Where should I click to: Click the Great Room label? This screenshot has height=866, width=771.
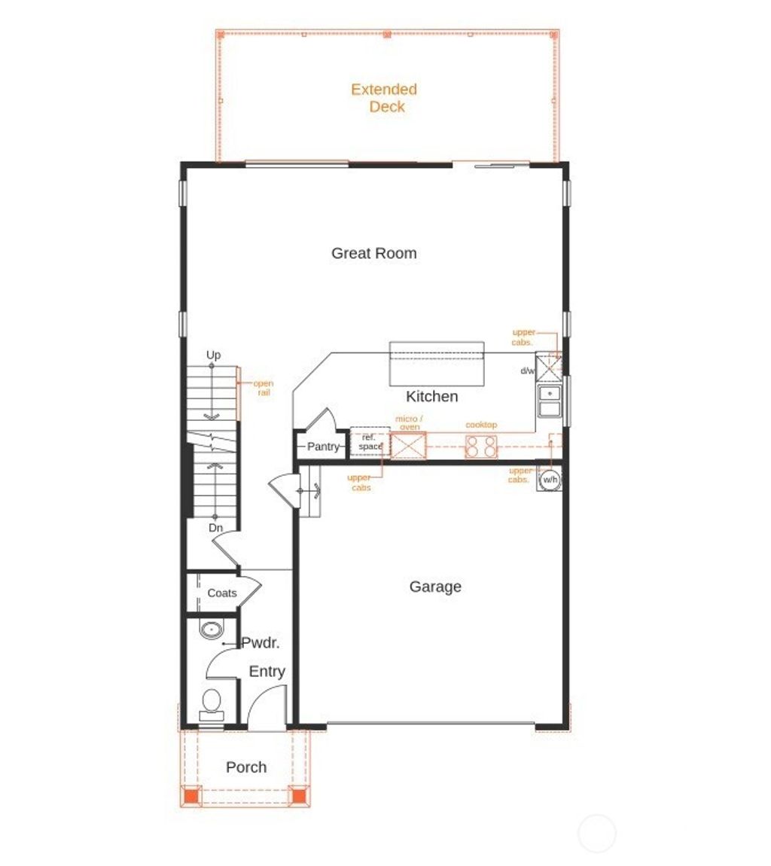(x=373, y=253)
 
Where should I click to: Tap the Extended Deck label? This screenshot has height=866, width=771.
(x=384, y=98)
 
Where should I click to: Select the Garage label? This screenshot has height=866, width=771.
(x=435, y=587)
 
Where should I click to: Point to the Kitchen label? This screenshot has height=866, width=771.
(x=431, y=396)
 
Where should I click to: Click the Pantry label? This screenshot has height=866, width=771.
(x=324, y=447)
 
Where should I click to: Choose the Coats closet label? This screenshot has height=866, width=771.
(x=222, y=593)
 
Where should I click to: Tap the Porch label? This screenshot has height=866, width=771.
(x=246, y=767)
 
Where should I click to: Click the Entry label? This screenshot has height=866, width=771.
(x=267, y=672)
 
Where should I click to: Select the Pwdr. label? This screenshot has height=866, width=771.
(x=261, y=643)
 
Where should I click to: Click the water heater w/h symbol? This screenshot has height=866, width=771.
(x=550, y=480)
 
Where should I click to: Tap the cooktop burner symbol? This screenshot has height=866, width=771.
(x=482, y=446)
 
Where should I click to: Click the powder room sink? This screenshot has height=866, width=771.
(x=211, y=629)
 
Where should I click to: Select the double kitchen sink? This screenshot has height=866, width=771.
(x=550, y=401)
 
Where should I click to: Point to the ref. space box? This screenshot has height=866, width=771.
(x=370, y=442)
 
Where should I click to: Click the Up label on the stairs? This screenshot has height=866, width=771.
(x=214, y=355)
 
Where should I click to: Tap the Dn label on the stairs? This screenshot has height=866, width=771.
(x=215, y=528)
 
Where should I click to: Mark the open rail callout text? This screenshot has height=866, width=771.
(x=263, y=388)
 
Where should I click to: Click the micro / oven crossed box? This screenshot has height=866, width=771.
(x=409, y=445)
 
